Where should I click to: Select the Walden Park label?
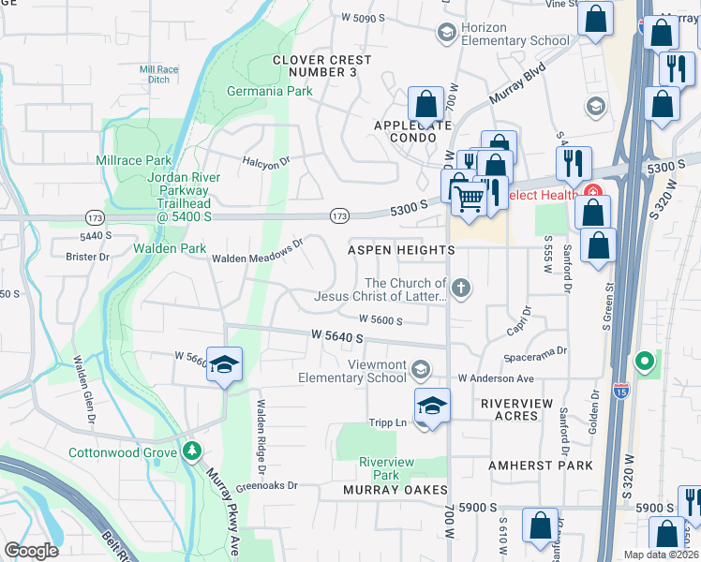(x=169, y=248)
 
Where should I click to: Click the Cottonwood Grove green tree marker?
(x=192, y=451)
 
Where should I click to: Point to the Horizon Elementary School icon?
(x=446, y=33)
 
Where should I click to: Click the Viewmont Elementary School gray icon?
(x=422, y=368)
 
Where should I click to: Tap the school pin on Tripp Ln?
(x=431, y=407)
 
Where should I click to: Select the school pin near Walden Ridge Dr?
(x=224, y=364)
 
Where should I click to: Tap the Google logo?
(x=31, y=551)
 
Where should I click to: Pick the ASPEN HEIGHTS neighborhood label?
(x=401, y=251)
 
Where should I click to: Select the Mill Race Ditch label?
(x=157, y=74)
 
